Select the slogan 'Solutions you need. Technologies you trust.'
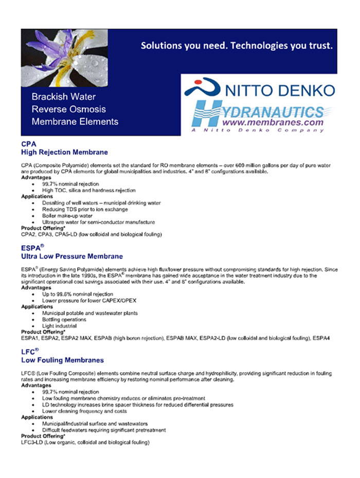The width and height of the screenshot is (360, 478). [237, 46]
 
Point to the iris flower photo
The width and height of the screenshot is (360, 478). [64, 58]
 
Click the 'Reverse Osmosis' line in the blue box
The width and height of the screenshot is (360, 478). [68, 109]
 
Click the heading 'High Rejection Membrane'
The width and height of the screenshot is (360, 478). [64, 152]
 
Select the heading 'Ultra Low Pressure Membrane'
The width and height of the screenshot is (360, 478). [72, 256]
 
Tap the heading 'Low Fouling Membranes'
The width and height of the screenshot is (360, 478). [62, 360]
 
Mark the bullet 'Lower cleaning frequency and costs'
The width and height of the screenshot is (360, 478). [84, 411]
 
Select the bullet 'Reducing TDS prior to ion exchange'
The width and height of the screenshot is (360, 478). [85, 209]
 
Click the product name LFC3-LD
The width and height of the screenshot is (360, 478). [32, 442]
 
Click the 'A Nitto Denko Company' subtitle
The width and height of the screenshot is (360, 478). [257, 130]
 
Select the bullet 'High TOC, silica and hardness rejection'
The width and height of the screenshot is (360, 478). [89, 190]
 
